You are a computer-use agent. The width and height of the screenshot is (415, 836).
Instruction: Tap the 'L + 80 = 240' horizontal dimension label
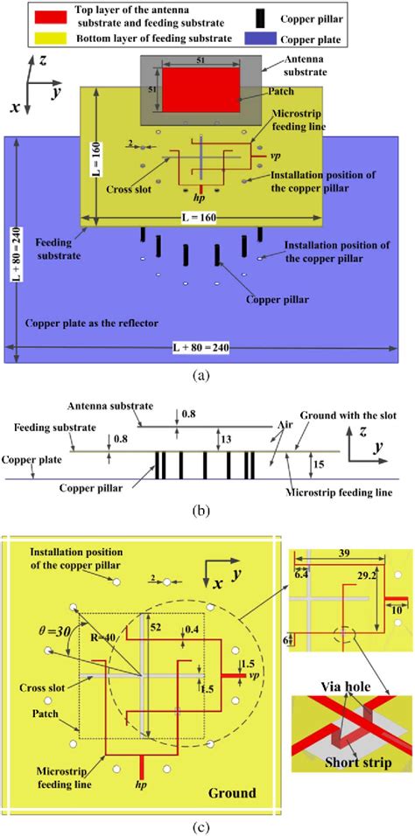click(x=200, y=348)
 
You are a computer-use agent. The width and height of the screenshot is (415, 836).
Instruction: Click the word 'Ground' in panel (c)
click(x=231, y=792)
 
